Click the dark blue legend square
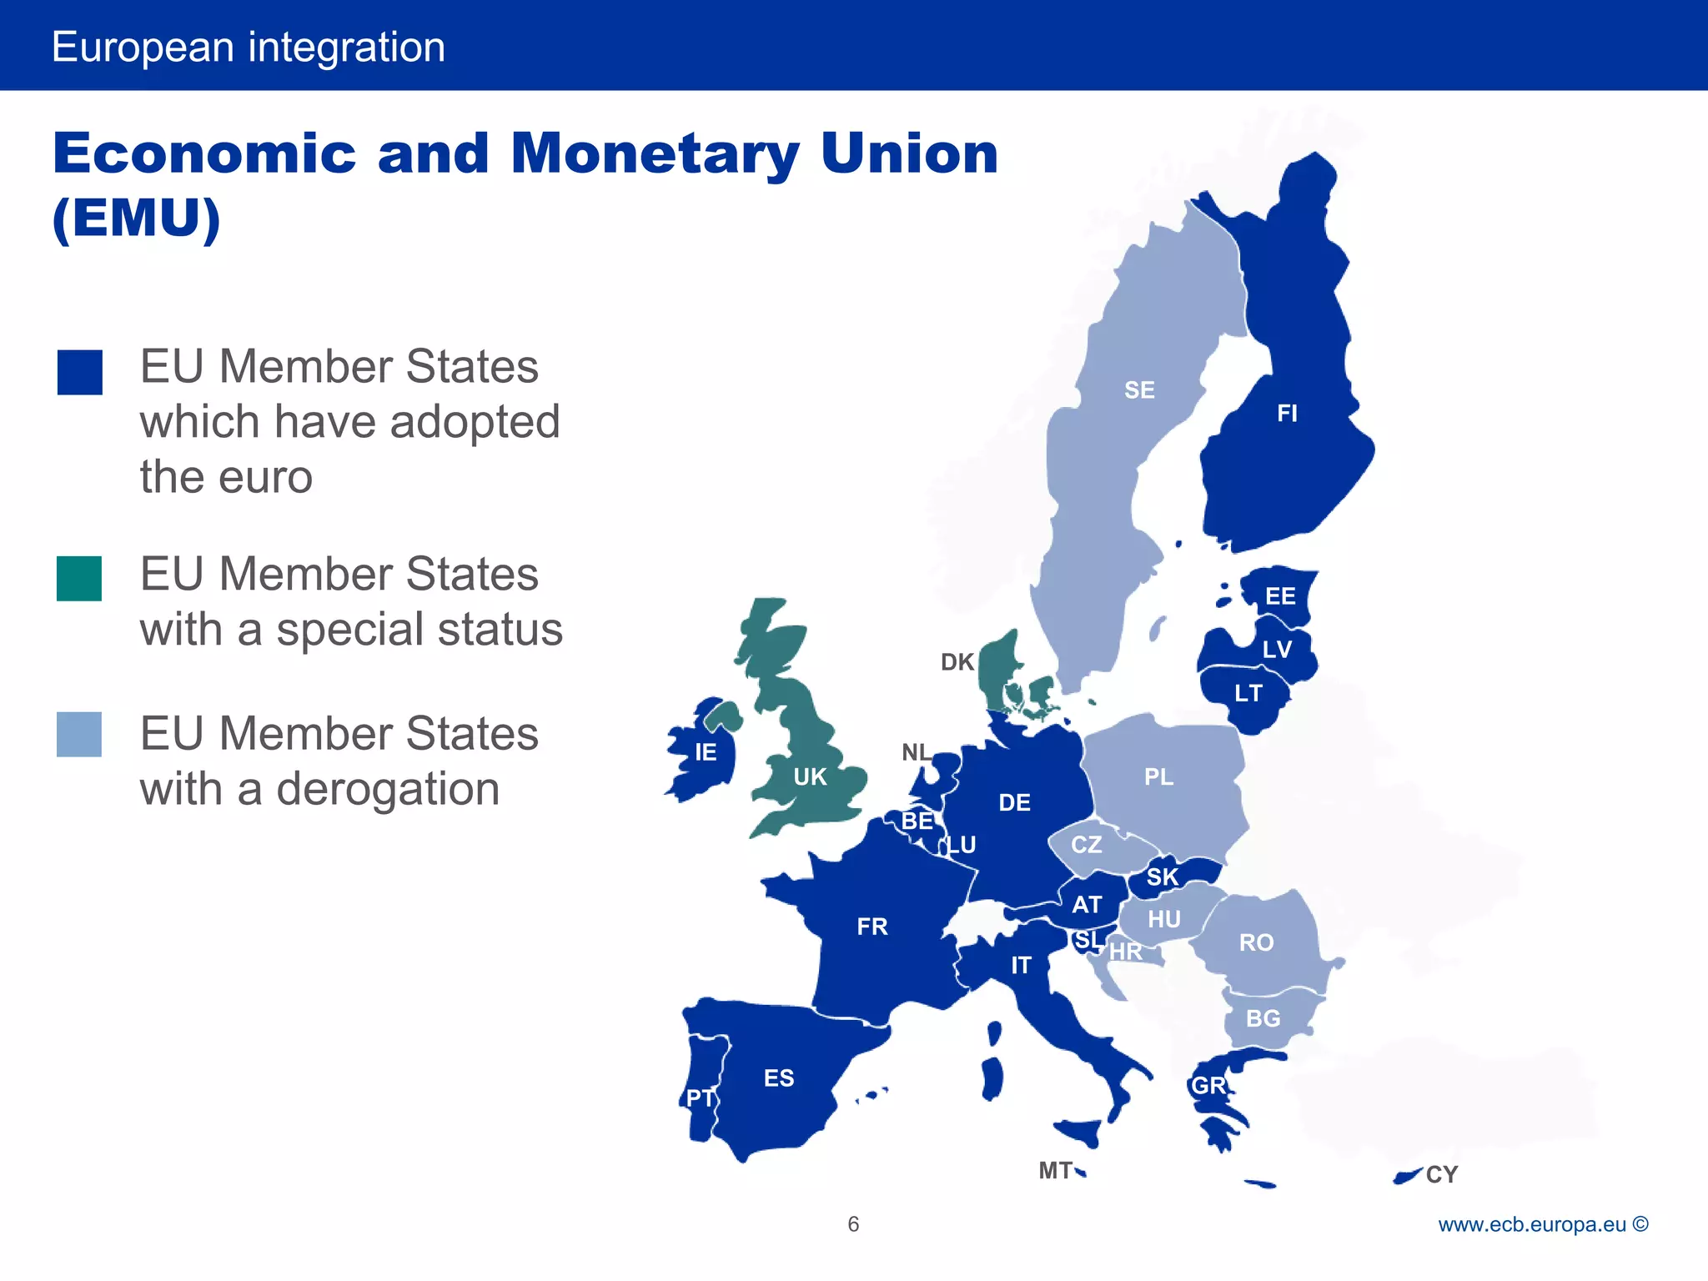coord(80,372)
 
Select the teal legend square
coord(79,579)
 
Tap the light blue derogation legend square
coord(79,735)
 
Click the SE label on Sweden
coord(1139,390)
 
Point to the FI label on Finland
coord(1287,414)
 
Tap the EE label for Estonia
coord(1280,596)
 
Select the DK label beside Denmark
coord(957,662)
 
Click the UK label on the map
coord(810,777)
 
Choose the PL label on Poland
coord(1158,777)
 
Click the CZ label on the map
coord(1087,845)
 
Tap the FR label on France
coord(872,927)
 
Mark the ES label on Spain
coord(779,1078)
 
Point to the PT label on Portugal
coord(700,1098)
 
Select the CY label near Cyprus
coord(1442,1174)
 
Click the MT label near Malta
coord(1055,1171)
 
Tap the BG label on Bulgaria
coord(1263,1018)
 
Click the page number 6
coord(853,1224)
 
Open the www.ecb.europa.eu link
coord(1532,1224)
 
